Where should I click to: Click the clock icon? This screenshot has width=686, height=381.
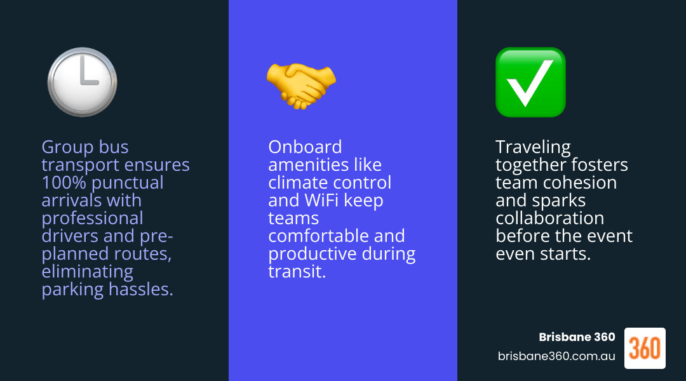82,82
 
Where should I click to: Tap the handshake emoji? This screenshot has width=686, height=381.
301,83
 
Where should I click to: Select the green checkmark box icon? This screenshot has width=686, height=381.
530,82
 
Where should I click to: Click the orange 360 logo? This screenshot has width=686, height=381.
645,348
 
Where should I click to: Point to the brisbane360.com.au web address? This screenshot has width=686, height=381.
556,356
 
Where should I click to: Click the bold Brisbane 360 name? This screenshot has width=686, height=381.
577,337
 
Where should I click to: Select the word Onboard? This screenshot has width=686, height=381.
305,147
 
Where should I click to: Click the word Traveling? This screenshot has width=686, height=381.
533,147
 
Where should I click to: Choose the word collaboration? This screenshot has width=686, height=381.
549,218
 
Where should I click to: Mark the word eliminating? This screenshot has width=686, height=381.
87,272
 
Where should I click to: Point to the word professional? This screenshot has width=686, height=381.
92,218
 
